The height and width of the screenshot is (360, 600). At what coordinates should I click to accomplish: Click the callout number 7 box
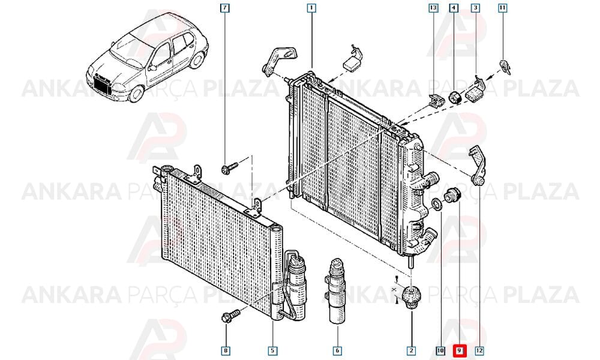(x=226, y=8)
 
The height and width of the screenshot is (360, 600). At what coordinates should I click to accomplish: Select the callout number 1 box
(x=311, y=8)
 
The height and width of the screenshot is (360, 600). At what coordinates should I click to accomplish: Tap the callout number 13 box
(x=433, y=8)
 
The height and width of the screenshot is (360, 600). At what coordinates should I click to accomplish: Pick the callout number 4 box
(x=454, y=8)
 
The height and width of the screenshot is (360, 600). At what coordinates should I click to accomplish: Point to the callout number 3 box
(x=475, y=8)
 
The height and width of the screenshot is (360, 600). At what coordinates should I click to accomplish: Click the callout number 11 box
(x=502, y=8)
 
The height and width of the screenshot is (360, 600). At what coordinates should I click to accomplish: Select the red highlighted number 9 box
(x=460, y=350)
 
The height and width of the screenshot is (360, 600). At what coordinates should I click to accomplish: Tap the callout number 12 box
(x=479, y=350)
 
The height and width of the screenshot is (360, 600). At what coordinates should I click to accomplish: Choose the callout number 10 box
(x=440, y=350)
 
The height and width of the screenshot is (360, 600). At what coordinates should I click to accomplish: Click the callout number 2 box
(x=412, y=350)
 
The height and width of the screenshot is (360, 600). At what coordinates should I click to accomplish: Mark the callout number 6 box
(x=337, y=350)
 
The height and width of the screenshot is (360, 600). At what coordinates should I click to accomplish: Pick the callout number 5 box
(x=272, y=350)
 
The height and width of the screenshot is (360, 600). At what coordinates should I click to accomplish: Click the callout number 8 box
(x=226, y=350)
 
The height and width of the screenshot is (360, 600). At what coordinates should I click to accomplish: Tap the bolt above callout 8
(x=230, y=316)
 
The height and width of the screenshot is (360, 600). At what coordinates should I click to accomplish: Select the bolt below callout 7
(x=229, y=167)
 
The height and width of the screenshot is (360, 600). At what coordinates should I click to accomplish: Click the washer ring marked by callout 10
(x=436, y=204)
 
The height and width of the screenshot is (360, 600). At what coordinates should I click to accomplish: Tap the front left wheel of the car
(x=136, y=94)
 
